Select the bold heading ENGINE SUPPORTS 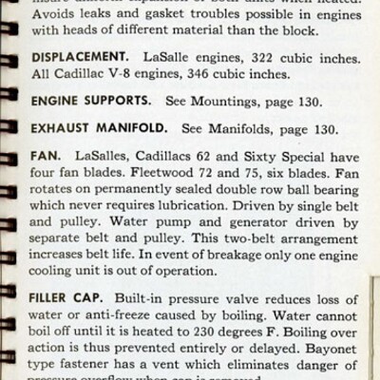(90, 99)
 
